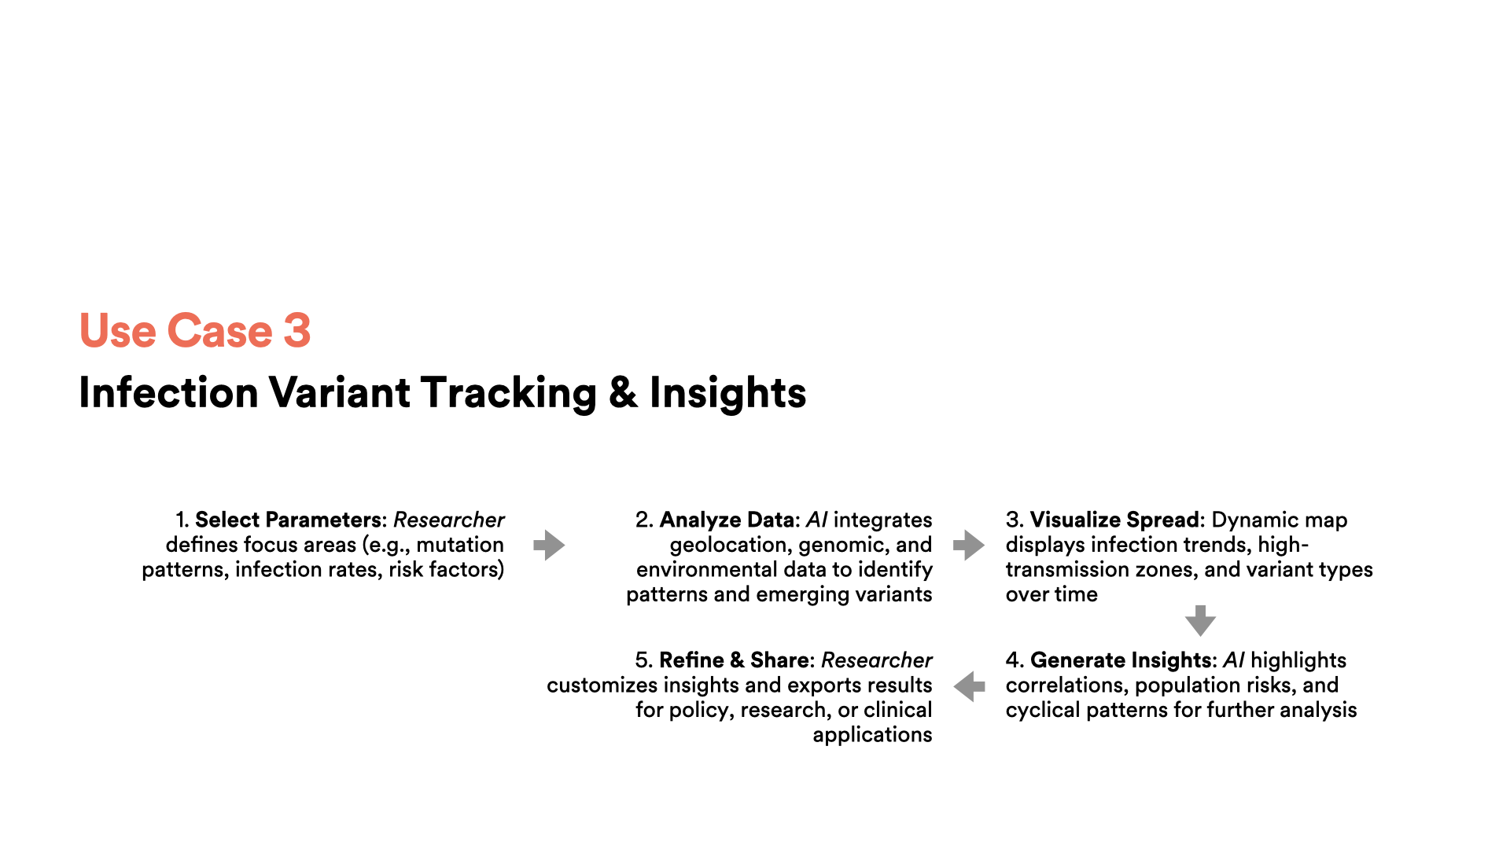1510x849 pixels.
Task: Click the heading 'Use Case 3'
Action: click(x=195, y=330)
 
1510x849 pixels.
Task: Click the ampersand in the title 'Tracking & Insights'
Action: click(x=623, y=392)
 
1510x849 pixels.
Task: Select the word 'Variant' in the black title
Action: click(x=339, y=392)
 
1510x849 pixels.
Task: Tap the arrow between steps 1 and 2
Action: click(x=549, y=545)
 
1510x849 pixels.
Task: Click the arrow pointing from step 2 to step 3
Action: click(x=969, y=545)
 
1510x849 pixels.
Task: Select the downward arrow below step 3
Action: click(x=1200, y=620)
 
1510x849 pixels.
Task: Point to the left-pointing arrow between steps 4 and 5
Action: click(x=969, y=685)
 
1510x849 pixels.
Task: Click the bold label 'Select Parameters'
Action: click(x=289, y=520)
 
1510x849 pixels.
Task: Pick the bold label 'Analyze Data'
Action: click(x=727, y=520)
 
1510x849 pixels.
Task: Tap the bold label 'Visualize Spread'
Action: click(x=1114, y=520)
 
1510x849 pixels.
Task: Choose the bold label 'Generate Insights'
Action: click(x=1120, y=660)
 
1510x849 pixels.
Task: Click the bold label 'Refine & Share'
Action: click(x=734, y=660)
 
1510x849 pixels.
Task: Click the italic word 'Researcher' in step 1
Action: click(x=449, y=520)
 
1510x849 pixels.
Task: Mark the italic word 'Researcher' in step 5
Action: click(x=877, y=660)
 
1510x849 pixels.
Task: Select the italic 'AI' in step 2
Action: click(x=817, y=520)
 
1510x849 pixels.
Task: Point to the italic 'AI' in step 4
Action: click(x=1234, y=660)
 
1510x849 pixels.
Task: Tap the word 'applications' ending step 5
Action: click(x=873, y=735)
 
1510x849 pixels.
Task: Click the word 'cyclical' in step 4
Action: click(x=1040, y=711)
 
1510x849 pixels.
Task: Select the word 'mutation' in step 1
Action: click(x=460, y=545)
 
